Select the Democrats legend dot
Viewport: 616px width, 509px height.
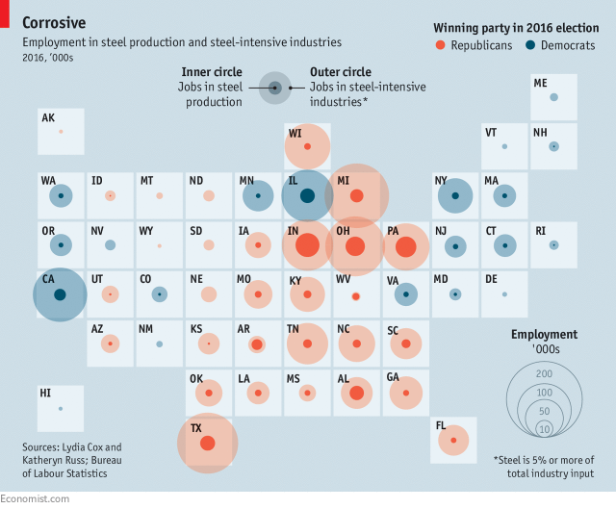pos(530,45)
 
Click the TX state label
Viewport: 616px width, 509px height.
pos(196,428)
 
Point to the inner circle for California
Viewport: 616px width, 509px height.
pos(60,294)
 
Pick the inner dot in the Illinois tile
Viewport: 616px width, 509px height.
pos(307,196)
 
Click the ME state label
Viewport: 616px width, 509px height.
pos(540,83)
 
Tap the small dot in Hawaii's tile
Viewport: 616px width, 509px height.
pos(61,409)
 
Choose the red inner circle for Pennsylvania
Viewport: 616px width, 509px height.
pos(405,246)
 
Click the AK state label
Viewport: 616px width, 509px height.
pos(48,117)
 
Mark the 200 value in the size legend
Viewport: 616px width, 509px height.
pos(544,373)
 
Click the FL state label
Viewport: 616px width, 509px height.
pos(441,424)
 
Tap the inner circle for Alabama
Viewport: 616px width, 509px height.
pos(356,393)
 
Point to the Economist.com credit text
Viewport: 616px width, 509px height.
pos(35,498)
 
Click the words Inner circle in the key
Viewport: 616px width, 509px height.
pos(212,72)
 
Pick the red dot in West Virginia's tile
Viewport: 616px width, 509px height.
pos(356,296)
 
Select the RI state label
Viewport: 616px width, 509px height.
pos(540,230)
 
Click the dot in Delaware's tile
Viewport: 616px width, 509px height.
pos(504,294)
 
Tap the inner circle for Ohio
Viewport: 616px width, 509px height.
pos(355,246)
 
